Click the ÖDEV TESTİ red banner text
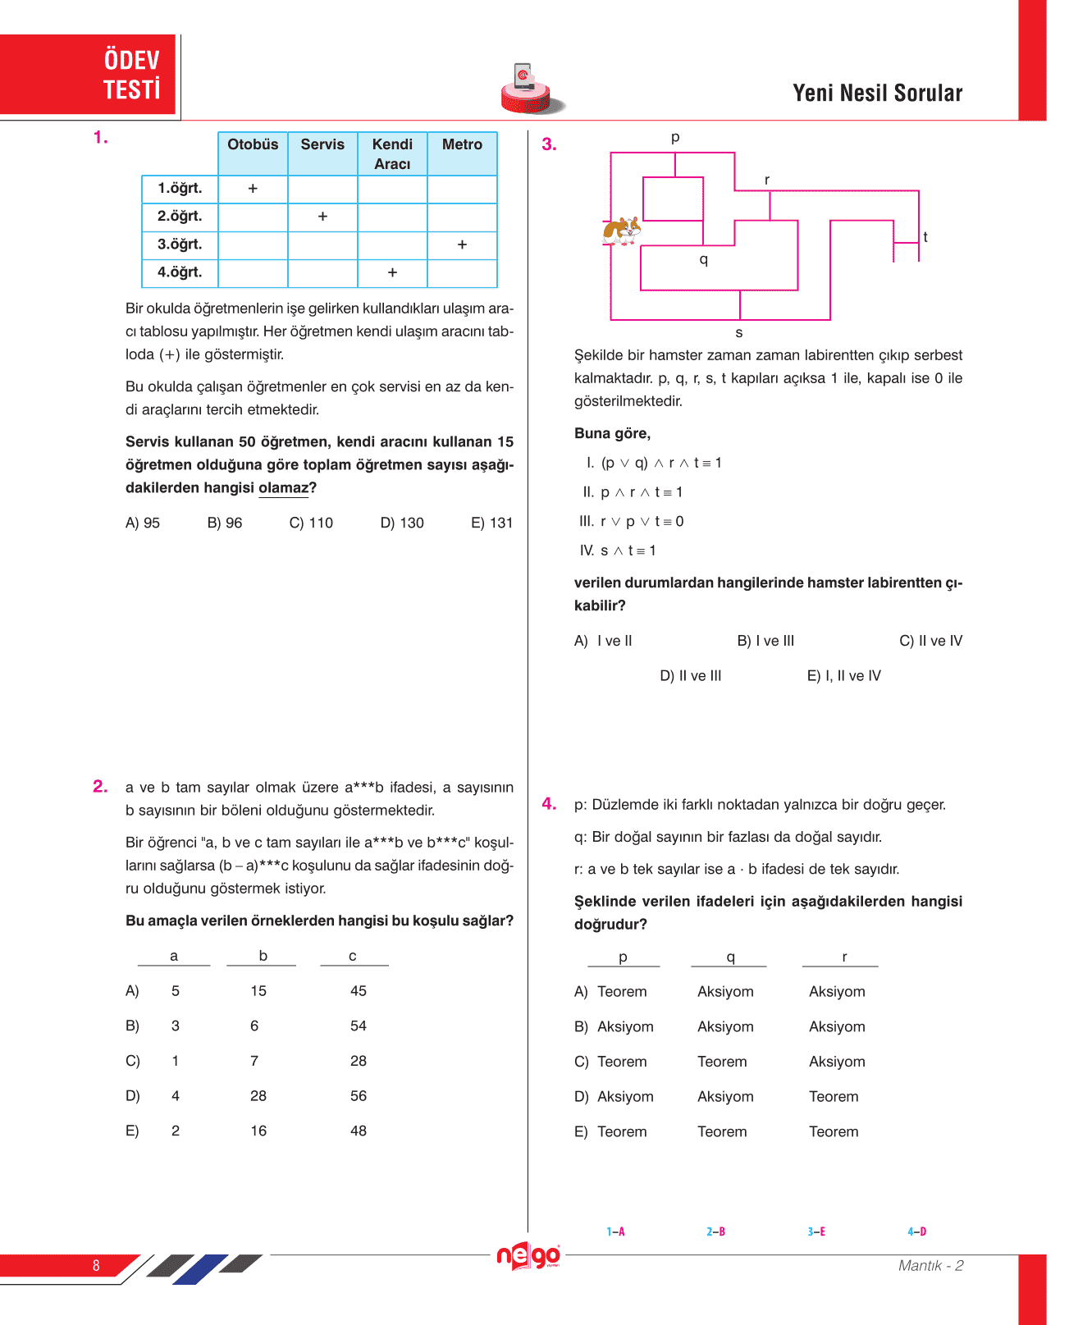coord(131,75)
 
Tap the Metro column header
coord(462,144)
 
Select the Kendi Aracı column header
coord(392,153)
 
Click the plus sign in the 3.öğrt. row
coord(462,244)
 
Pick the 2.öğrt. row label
coord(180,217)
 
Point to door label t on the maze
coord(925,237)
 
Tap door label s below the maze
coord(739,332)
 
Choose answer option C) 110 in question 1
coord(311,523)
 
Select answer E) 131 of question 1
coord(491,523)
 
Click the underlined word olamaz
coord(283,487)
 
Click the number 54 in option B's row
coord(359,1026)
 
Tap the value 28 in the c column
coord(359,1061)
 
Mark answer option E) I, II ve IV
coord(843,676)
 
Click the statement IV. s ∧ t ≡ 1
coord(618,551)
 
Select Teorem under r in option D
coord(834,1097)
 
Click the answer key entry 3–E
coord(816,1231)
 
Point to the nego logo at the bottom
coord(528,1256)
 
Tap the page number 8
coord(96,1265)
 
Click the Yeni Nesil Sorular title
coord(877,94)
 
